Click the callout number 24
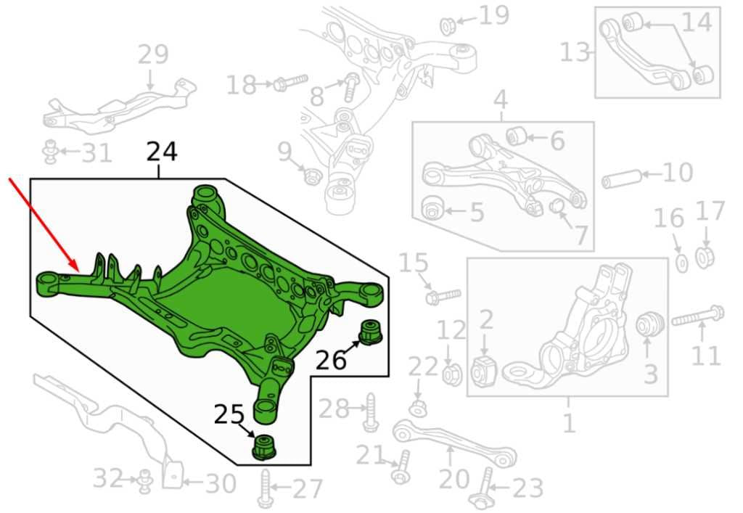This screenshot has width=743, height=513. pyautogui.click(x=162, y=152)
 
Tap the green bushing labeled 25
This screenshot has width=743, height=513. pyautogui.click(x=264, y=446)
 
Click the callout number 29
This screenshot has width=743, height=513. pyautogui.click(x=153, y=54)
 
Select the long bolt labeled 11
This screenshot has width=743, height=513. pyautogui.click(x=698, y=316)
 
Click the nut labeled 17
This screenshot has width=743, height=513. pyautogui.click(x=705, y=256)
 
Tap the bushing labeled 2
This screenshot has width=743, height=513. pyautogui.click(x=483, y=369)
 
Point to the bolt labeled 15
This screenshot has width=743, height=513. pyautogui.click(x=443, y=296)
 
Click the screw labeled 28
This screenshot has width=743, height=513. pyautogui.click(x=371, y=412)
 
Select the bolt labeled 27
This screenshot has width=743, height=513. pyautogui.click(x=265, y=489)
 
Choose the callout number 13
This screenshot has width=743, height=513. pyautogui.click(x=575, y=52)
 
